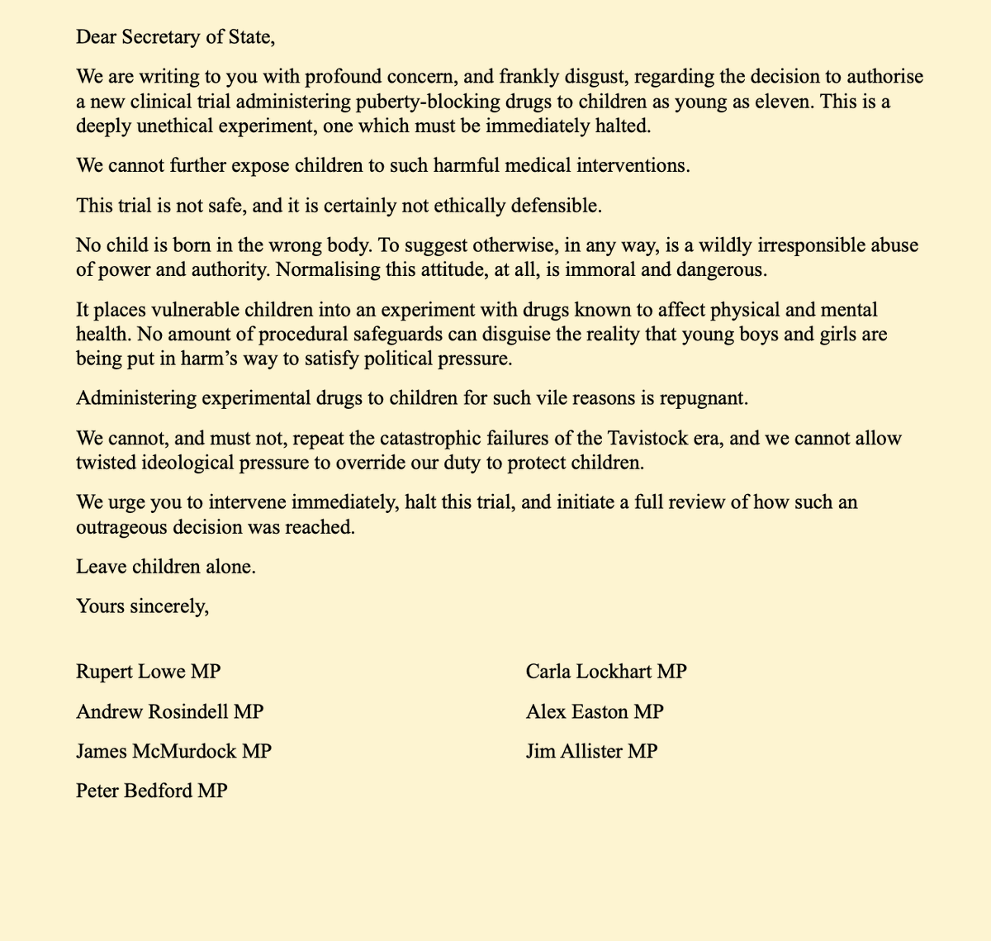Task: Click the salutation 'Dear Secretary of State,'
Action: coord(174,37)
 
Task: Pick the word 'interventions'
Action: coord(630,165)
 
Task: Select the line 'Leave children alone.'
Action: coord(166,567)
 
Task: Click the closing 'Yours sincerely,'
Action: coord(142,606)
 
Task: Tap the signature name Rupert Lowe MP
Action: coord(149,672)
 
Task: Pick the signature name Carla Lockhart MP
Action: coord(606,672)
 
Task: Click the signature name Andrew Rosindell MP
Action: coord(170,711)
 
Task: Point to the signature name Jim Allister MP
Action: coord(591,751)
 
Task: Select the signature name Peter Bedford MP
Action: coord(152,791)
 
